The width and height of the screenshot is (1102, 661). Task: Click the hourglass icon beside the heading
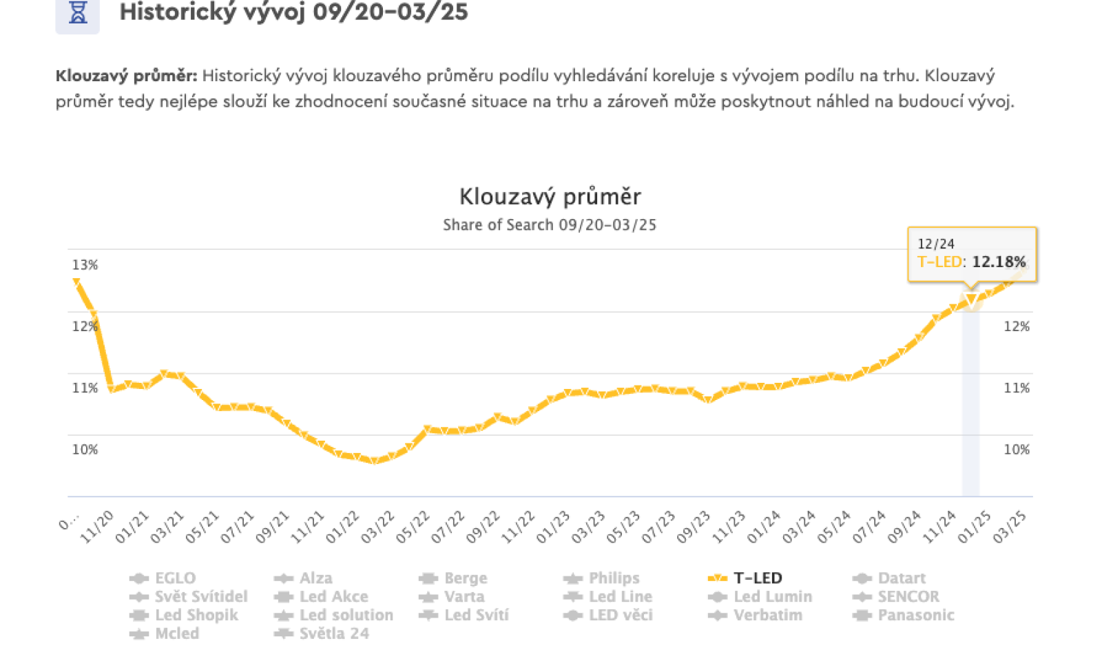(78, 13)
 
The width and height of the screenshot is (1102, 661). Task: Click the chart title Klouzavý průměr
(550, 197)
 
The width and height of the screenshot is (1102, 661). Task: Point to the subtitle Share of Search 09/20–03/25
(550, 225)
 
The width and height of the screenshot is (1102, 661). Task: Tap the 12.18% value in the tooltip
(999, 262)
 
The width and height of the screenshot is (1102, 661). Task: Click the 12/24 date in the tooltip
(936, 244)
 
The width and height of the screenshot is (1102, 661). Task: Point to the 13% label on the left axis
(85, 265)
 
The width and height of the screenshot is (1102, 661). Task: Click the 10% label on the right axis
(1017, 450)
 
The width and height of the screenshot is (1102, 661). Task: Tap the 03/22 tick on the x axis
(377, 527)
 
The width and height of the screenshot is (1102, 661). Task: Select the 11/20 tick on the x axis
(96, 527)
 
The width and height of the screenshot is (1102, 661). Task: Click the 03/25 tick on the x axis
(1010, 527)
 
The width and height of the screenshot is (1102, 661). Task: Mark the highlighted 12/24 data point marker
(971, 300)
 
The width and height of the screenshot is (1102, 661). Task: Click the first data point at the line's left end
(76, 282)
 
